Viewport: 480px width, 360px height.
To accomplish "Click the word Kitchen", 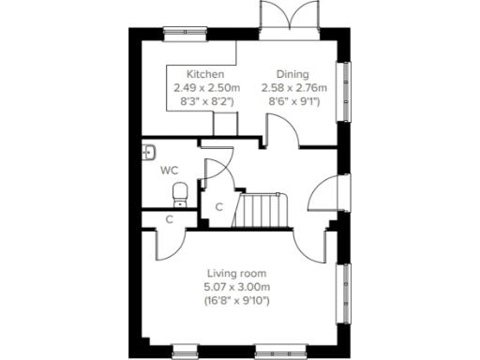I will [204, 74].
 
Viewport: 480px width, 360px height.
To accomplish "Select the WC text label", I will [170, 171].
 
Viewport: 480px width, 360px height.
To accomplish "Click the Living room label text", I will [238, 272].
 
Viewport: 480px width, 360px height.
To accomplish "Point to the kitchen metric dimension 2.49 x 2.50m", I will [204, 87].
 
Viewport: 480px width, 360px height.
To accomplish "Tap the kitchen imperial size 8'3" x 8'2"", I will [204, 101].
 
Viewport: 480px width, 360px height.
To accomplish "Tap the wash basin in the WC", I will [150, 152].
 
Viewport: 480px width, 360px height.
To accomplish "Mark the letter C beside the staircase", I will [218, 206].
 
